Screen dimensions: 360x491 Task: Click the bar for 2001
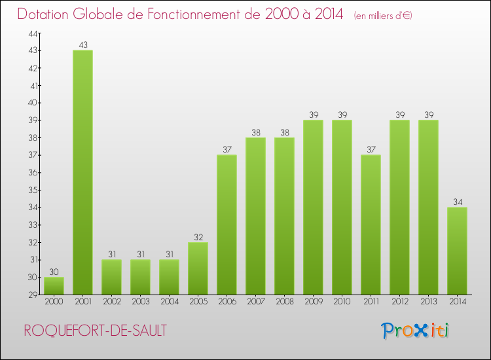[82, 172]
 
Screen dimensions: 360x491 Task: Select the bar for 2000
[54, 285]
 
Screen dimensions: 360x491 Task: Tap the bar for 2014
[457, 251]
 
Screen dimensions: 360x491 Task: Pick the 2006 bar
[227, 225]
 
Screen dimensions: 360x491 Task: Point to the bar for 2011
[371, 225]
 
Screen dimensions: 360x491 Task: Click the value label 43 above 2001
[82, 45]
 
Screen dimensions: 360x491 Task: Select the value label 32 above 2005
[198, 237]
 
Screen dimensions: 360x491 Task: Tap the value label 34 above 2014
[457, 202]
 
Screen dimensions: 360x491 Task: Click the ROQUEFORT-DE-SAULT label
[95, 331]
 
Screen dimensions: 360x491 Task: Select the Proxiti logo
[416, 330]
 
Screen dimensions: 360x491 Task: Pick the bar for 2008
[284, 216]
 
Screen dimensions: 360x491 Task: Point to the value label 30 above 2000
[54, 272]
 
